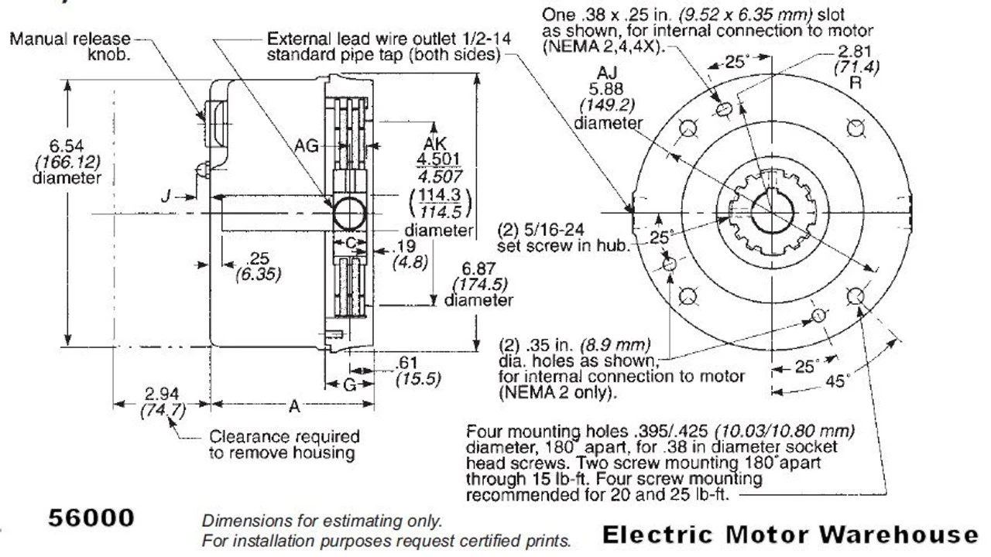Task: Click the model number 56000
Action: point(91,517)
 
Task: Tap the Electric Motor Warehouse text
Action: point(790,534)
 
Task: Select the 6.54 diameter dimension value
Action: point(67,145)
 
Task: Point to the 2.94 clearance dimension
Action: point(161,395)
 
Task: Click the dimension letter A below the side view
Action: point(295,405)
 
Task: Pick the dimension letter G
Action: point(349,384)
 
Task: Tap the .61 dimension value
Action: point(407,364)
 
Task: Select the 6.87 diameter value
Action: point(477,268)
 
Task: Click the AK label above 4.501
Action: point(435,144)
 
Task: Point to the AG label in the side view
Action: point(307,145)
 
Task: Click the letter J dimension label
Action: point(166,196)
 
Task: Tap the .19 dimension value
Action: point(405,246)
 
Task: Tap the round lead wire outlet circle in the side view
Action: point(348,213)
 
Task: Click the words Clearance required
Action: point(284,437)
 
